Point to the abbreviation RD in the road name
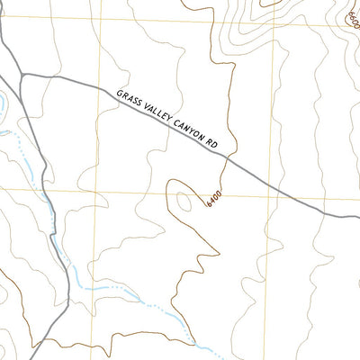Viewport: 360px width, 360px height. click(x=211, y=144)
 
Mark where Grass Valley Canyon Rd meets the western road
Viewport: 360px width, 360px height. click(x=22, y=75)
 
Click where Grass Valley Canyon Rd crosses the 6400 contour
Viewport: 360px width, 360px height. click(x=226, y=158)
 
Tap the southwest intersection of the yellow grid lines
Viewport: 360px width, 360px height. click(x=98, y=192)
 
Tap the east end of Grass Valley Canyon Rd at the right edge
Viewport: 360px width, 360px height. click(x=357, y=216)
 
